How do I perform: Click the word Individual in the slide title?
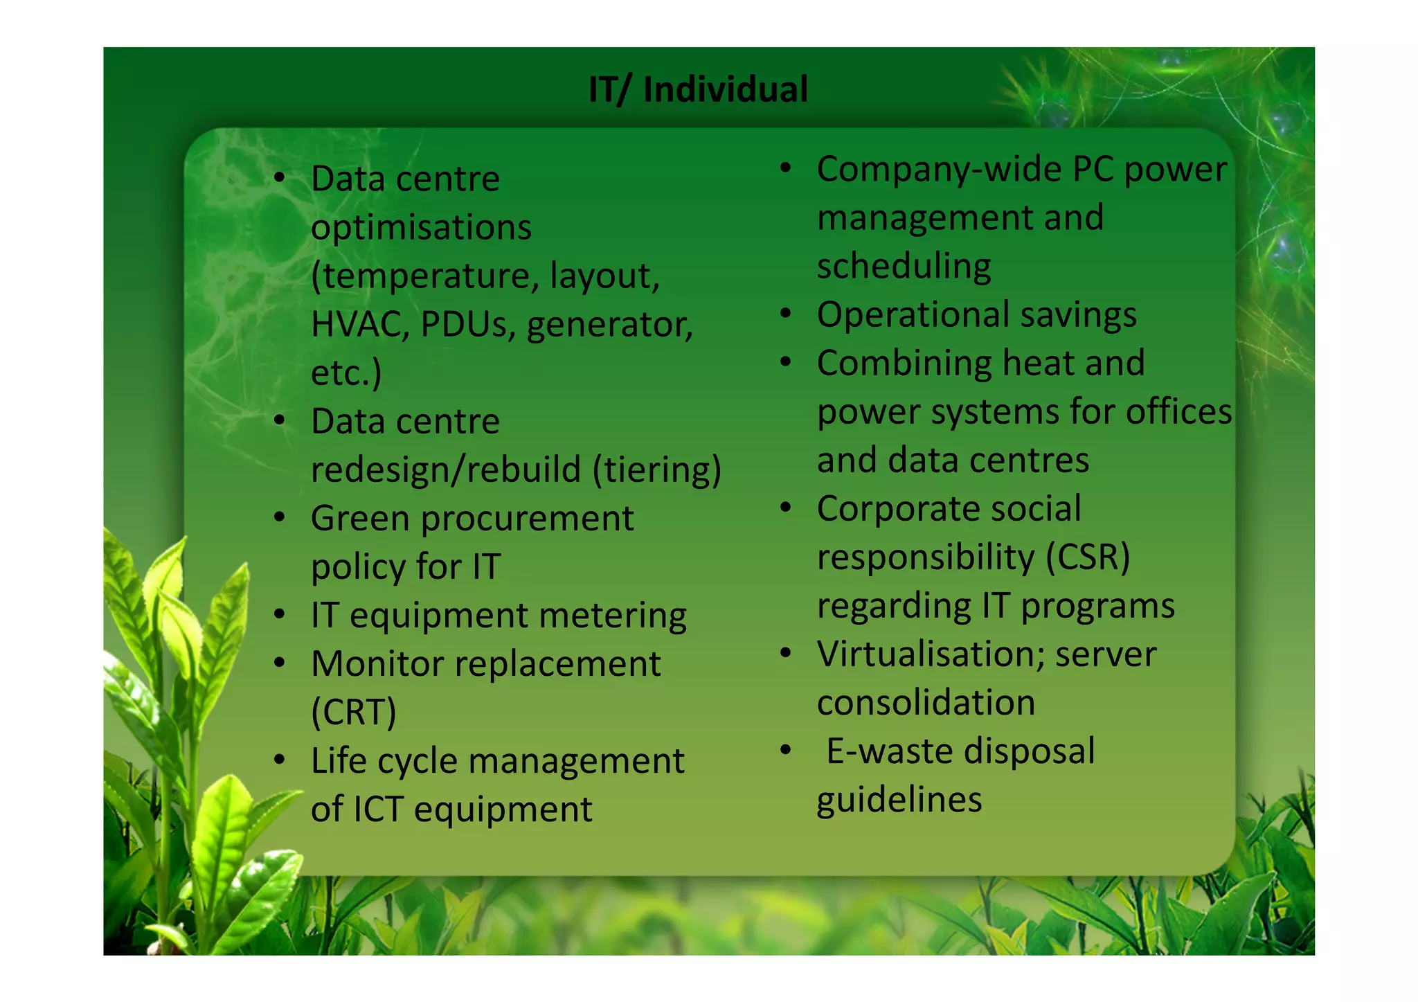[x=725, y=89]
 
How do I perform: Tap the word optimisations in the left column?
[x=421, y=228]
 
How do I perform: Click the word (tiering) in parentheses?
[x=656, y=470]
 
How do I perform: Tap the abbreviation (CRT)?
[x=353, y=713]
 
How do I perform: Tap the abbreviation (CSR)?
[x=1087, y=557]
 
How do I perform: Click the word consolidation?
[x=926, y=703]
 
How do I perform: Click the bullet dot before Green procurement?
[x=280, y=517]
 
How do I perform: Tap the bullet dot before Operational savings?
[x=785, y=314]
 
